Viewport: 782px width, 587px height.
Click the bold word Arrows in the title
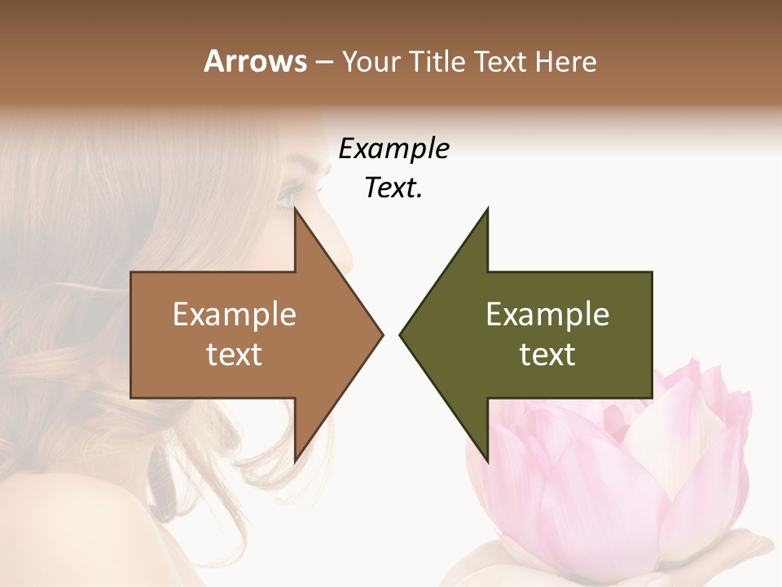pos(254,61)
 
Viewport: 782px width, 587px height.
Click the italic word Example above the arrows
pos(393,148)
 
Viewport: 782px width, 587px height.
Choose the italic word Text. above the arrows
pos(393,188)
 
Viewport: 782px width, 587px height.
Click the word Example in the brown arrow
pos(234,314)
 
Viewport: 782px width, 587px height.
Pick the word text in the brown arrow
pos(234,354)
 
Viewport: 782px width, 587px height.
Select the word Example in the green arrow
pos(547,314)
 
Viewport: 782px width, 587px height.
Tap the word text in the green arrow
pos(547,354)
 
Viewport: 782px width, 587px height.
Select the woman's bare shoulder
pos(65,530)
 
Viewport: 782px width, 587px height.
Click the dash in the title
pos(323,63)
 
